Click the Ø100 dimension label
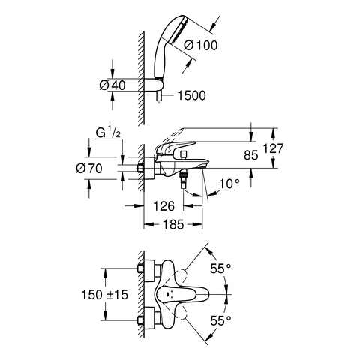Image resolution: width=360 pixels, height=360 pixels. (x=201, y=46)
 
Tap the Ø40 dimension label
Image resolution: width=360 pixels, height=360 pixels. (x=112, y=85)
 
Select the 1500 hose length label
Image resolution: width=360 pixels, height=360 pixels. (x=191, y=95)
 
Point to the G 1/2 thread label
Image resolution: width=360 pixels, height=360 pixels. (x=109, y=133)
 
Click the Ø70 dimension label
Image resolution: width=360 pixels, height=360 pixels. (x=89, y=169)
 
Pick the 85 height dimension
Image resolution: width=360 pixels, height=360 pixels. (x=250, y=155)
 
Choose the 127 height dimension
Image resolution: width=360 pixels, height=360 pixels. (x=273, y=148)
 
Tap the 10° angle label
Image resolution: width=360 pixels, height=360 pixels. (x=229, y=184)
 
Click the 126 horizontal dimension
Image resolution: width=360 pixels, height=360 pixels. (x=163, y=206)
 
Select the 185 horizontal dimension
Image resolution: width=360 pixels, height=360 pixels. (x=173, y=224)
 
